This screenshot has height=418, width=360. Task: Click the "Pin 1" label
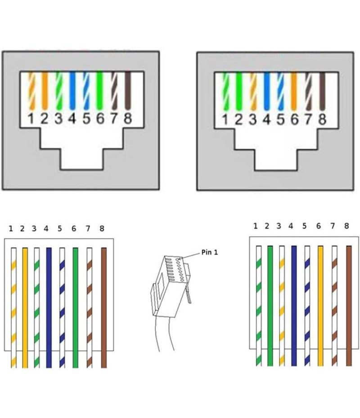[x=209, y=253]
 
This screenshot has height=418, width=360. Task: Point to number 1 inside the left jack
[x=31, y=119]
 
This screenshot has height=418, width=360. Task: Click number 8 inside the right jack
[x=322, y=120]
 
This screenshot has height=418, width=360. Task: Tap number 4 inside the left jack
[x=72, y=119]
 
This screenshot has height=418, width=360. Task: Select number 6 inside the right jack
[x=294, y=120]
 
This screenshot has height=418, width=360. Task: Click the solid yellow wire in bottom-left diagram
[x=25, y=306]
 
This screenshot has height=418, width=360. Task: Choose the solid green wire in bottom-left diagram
[x=75, y=306]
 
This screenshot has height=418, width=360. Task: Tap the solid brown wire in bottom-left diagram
[x=104, y=306]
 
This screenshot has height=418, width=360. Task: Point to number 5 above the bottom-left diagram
[x=60, y=229]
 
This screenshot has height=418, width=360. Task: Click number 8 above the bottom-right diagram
[x=346, y=226]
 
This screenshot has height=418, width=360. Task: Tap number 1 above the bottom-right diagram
[x=256, y=226]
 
